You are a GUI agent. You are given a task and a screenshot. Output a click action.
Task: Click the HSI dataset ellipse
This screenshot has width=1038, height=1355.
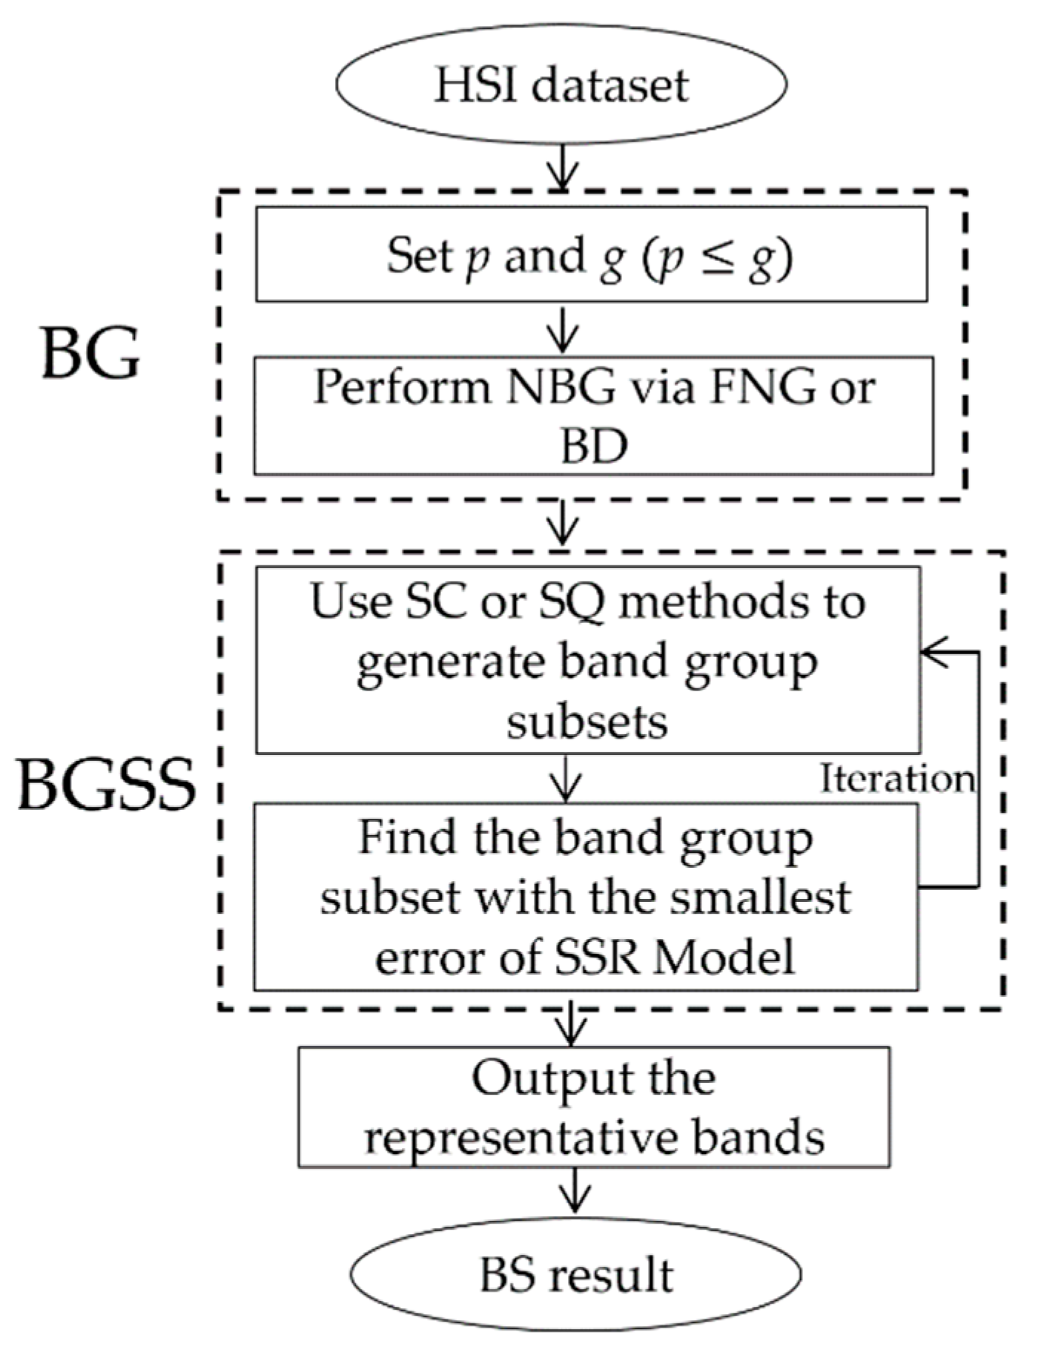pos(561,84)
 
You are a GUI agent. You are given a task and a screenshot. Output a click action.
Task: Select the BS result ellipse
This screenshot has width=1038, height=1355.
pos(575,1273)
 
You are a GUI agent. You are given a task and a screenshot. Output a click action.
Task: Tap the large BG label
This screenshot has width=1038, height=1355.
pos(90,353)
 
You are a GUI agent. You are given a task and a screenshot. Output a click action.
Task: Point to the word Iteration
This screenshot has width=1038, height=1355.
pos(897,779)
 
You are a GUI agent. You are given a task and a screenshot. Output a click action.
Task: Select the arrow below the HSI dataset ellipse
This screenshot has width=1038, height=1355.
pos(563,168)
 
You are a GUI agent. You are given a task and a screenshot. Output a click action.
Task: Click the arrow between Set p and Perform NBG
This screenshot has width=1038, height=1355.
pos(563,329)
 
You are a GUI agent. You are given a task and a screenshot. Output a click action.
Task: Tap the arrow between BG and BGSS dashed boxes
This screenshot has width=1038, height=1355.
pos(563,524)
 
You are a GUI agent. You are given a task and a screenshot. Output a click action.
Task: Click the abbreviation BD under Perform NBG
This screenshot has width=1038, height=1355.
pos(593,446)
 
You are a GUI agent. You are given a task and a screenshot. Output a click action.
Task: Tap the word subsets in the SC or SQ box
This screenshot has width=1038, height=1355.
pos(587,721)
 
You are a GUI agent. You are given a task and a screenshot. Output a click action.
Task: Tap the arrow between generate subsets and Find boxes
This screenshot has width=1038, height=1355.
pos(566,779)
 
